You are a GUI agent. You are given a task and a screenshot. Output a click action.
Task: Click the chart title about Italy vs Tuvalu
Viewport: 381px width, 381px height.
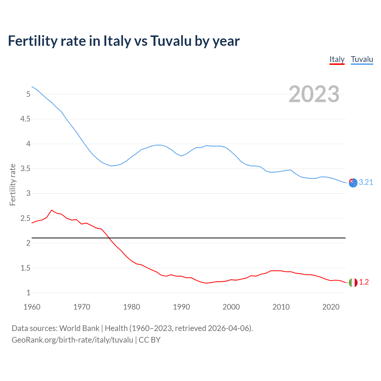[124, 41]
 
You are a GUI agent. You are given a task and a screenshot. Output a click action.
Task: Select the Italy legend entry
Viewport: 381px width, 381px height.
[337, 59]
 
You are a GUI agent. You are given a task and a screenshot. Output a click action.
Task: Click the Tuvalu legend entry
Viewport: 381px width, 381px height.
[362, 59]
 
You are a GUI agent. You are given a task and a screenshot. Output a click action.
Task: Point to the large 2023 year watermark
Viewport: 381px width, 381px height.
[314, 94]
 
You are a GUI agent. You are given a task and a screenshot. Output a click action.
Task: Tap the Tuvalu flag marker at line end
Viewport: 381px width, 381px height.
[353, 183]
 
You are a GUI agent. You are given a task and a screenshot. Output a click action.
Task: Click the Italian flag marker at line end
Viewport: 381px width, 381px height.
[353, 282]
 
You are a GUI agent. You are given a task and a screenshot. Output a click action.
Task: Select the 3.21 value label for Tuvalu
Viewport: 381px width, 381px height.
[366, 182]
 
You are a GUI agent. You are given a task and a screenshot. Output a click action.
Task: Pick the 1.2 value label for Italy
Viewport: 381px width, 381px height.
[364, 282]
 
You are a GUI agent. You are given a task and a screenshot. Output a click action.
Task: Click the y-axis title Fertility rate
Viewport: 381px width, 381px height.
[13, 185]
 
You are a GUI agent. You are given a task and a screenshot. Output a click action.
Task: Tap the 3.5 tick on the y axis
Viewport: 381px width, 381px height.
[25, 168]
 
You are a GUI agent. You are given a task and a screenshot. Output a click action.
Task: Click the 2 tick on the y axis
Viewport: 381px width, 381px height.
[29, 243]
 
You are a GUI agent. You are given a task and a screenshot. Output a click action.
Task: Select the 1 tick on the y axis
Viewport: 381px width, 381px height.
[29, 293]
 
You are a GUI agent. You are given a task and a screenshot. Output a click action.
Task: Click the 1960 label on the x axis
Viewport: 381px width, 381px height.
[32, 307]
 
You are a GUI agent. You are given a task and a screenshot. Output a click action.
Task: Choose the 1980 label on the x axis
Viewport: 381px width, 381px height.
[132, 307]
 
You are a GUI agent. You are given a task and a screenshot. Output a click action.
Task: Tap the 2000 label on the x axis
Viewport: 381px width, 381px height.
[231, 307]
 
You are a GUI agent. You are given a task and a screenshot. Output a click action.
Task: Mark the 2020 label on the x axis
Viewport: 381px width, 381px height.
[331, 307]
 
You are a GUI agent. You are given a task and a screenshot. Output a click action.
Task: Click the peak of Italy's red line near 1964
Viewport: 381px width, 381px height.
[51, 210]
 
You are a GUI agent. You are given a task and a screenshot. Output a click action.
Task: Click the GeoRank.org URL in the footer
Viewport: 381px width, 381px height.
[72, 340]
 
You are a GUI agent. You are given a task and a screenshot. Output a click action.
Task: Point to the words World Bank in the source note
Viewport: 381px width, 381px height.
[79, 328]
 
